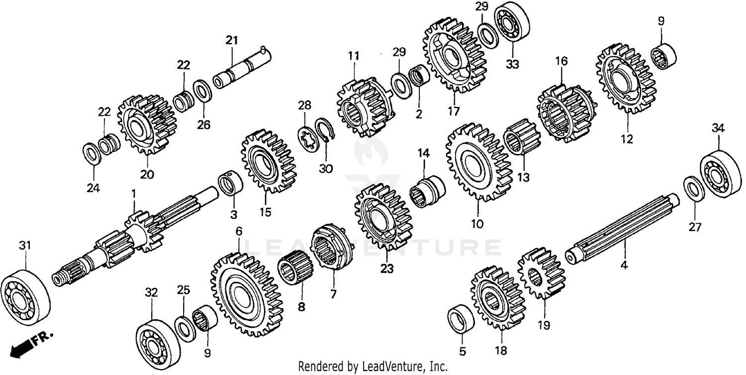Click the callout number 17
pos(453,109)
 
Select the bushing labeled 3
pos(230,183)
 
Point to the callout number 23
pos(386,269)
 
